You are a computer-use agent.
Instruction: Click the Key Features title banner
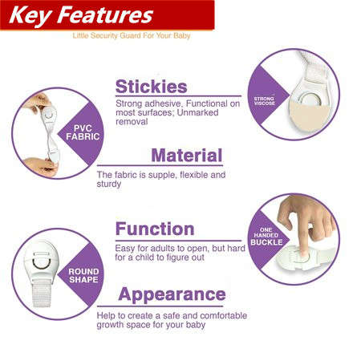[107, 14]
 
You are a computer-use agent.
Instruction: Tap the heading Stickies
[152, 87]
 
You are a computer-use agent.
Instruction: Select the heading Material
[187, 156]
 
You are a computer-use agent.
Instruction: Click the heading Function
[155, 229]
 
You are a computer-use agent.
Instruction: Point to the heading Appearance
[172, 294]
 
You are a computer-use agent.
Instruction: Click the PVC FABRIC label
[83, 132]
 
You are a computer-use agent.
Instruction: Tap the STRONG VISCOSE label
[265, 101]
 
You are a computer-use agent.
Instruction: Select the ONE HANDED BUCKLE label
[266, 237]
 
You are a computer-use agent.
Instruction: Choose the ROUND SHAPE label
[83, 275]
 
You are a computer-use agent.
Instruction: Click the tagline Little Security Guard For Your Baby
[132, 35]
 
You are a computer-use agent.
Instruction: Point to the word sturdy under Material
[109, 185]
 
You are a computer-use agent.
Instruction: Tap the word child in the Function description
[144, 258]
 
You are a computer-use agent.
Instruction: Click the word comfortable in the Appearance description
[223, 315]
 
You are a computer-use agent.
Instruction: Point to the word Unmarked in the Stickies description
[197, 112]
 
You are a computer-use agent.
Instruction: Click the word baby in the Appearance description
[196, 325]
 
